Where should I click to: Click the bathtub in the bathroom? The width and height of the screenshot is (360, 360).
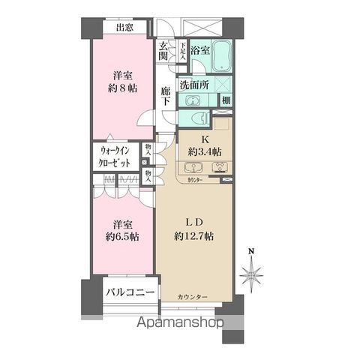coord(221,55)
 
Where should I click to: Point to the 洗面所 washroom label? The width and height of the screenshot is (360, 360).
coord(196,85)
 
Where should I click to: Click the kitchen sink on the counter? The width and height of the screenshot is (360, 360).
coord(222,169)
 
